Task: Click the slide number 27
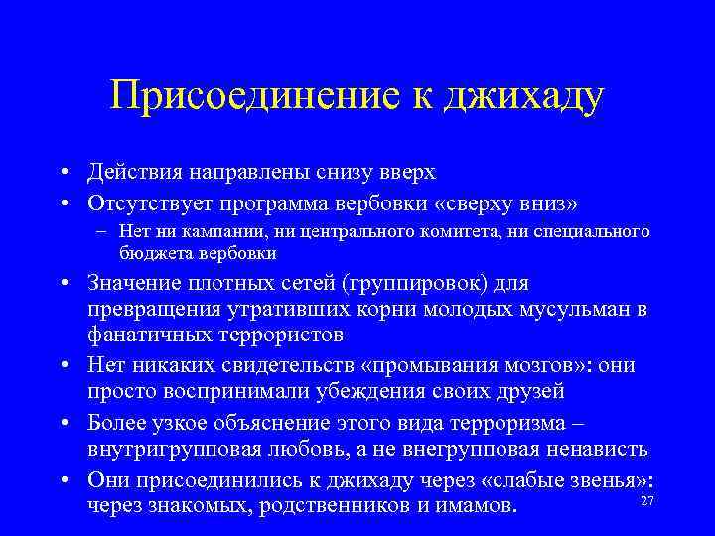pyautogui.click(x=646, y=501)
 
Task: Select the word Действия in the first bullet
pyautogui.click(x=134, y=172)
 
